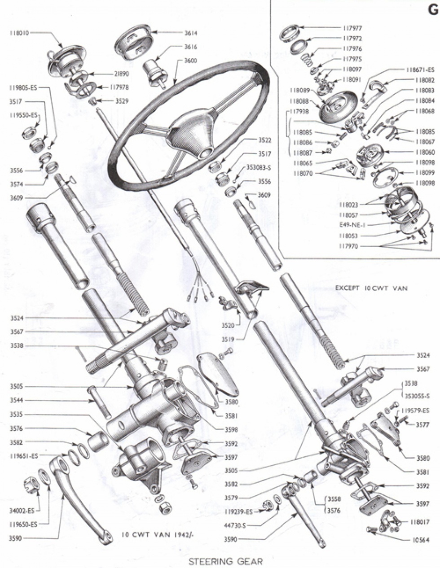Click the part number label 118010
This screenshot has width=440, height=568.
coord(19,33)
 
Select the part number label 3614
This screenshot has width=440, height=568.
coord(190,33)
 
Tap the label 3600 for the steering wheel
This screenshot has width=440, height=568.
coord(190,61)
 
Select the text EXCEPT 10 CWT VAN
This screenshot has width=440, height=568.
coord(371,288)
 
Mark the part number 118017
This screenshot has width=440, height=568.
coord(419,522)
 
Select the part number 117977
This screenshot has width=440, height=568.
coord(352,27)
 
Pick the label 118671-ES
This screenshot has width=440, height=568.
coord(420,70)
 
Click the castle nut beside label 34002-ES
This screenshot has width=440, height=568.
coord(31,486)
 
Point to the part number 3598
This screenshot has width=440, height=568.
coord(232,429)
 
